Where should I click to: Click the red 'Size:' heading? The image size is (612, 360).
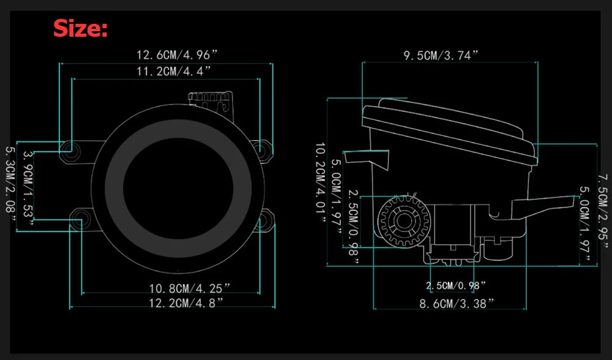(x=80, y=29)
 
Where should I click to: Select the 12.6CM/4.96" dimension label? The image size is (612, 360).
(x=176, y=54)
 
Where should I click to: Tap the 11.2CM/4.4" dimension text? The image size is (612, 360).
(x=174, y=72)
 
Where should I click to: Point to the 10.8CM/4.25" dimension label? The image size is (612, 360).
(x=190, y=288)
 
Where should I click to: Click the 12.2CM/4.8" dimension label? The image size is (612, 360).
(x=186, y=302)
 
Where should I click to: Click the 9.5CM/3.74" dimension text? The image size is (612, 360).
(x=441, y=56)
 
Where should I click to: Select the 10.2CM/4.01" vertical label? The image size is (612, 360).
(x=321, y=183)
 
